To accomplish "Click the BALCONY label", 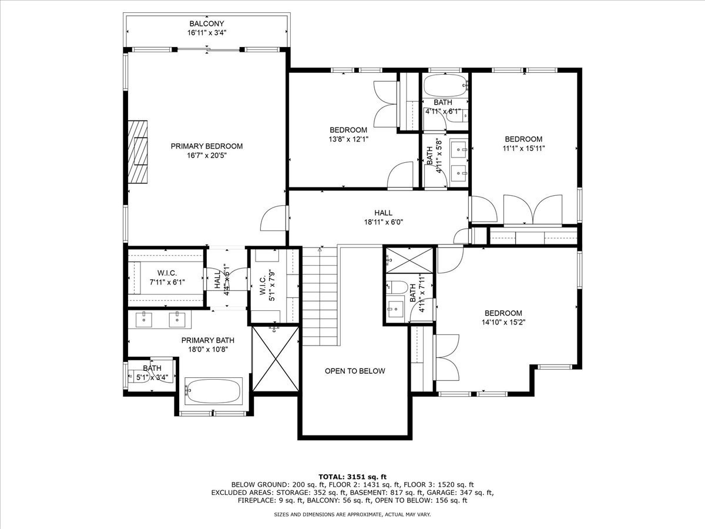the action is click(x=207, y=24).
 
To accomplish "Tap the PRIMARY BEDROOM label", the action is click(x=207, y=146).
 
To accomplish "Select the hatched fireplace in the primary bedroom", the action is click(x=137, y=152).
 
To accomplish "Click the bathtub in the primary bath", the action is click(x=213, y=391).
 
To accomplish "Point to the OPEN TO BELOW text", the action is click(x=355, y=371).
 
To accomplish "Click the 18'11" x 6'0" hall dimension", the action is click(x=383, y=222).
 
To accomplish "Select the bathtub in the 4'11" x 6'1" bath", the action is click(x=445, y=85).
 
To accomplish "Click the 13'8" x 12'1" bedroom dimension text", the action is click(x=348, y=139).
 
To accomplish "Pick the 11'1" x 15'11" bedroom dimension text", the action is click(x=523, y=148).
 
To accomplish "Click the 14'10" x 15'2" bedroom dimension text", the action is click(x=503, y=322).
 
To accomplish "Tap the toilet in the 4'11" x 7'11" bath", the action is click(x=397, y=286).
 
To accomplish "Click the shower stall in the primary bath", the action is click(x=276, y=359).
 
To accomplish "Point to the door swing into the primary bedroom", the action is click(x=273, y=217).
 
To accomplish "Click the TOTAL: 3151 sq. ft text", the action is click(x=352, y=477).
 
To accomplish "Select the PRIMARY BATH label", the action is click(x=207, y=340).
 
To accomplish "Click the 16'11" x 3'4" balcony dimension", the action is click(x=207, y=32).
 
